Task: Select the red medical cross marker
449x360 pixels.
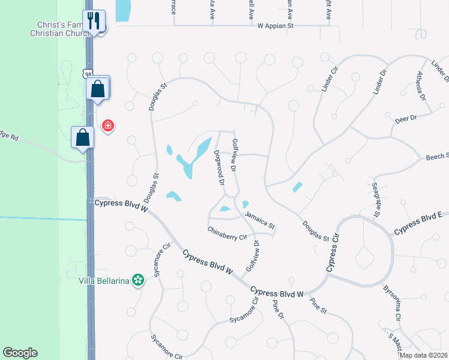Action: (107, 125)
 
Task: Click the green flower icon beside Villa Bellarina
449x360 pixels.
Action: (139, 280)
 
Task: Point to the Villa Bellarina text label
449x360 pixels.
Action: (105, 280)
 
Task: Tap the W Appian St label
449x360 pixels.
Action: (275, 26)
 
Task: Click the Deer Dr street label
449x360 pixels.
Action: (406, 119)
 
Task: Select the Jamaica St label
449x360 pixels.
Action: (259, 220)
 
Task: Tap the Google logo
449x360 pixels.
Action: (20, 353)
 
